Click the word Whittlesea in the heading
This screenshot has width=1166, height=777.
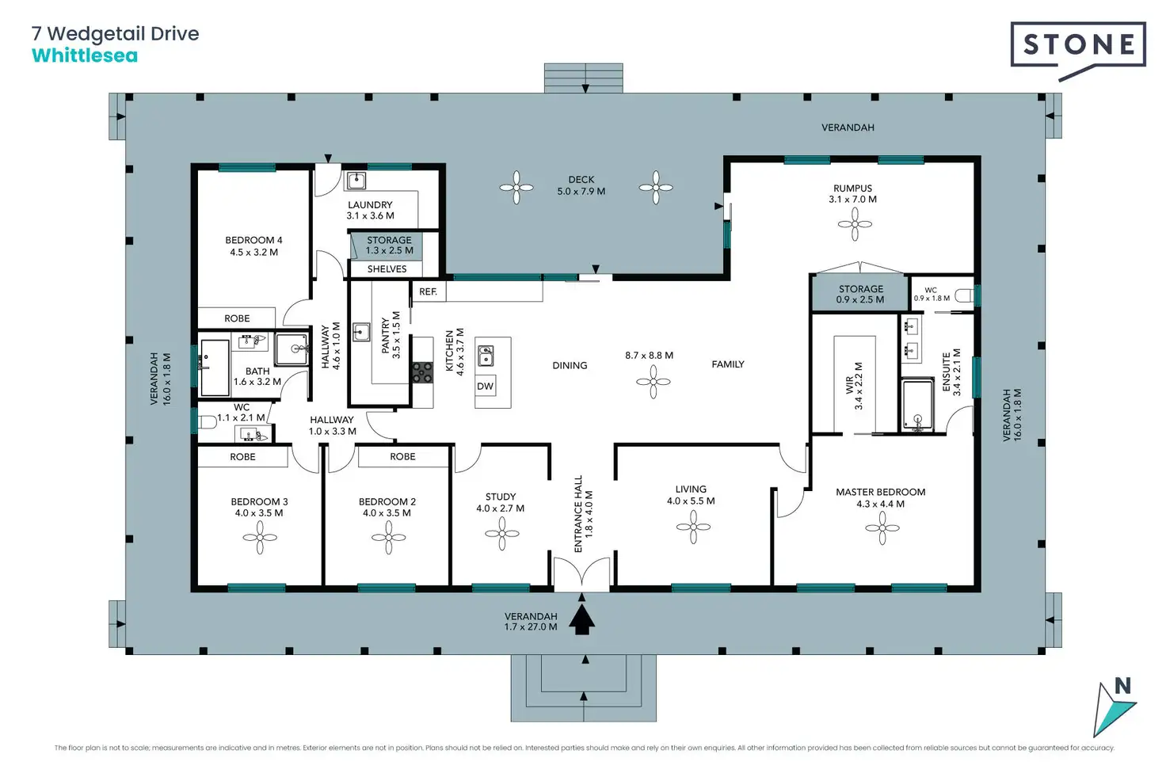(x=85, y=55)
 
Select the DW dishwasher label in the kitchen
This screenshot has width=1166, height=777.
(x=485, y=387)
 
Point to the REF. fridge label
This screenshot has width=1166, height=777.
(x=428, y=292)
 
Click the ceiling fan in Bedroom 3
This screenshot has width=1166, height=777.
(x=260, y=537)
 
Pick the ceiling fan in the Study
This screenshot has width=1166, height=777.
(x=501, y=533)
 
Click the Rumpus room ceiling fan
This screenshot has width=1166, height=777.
(x=855, y=224)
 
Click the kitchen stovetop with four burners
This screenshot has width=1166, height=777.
(x=423, y=372)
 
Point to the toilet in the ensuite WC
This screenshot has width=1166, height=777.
(x=964, y=295)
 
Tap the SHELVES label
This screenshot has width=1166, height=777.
(x=387, y=269)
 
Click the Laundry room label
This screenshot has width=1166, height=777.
(x=370, y=210)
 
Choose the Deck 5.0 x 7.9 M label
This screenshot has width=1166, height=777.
(x=581, y=185)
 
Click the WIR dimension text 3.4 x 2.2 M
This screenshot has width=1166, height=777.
(x=859, y=386)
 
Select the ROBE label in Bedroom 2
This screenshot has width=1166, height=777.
(x=402, y=456)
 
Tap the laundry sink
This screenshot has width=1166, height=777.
(x=356, y=181)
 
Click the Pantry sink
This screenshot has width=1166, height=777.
(x=361, y=332)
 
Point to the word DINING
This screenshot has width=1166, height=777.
(x=570, y=365)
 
